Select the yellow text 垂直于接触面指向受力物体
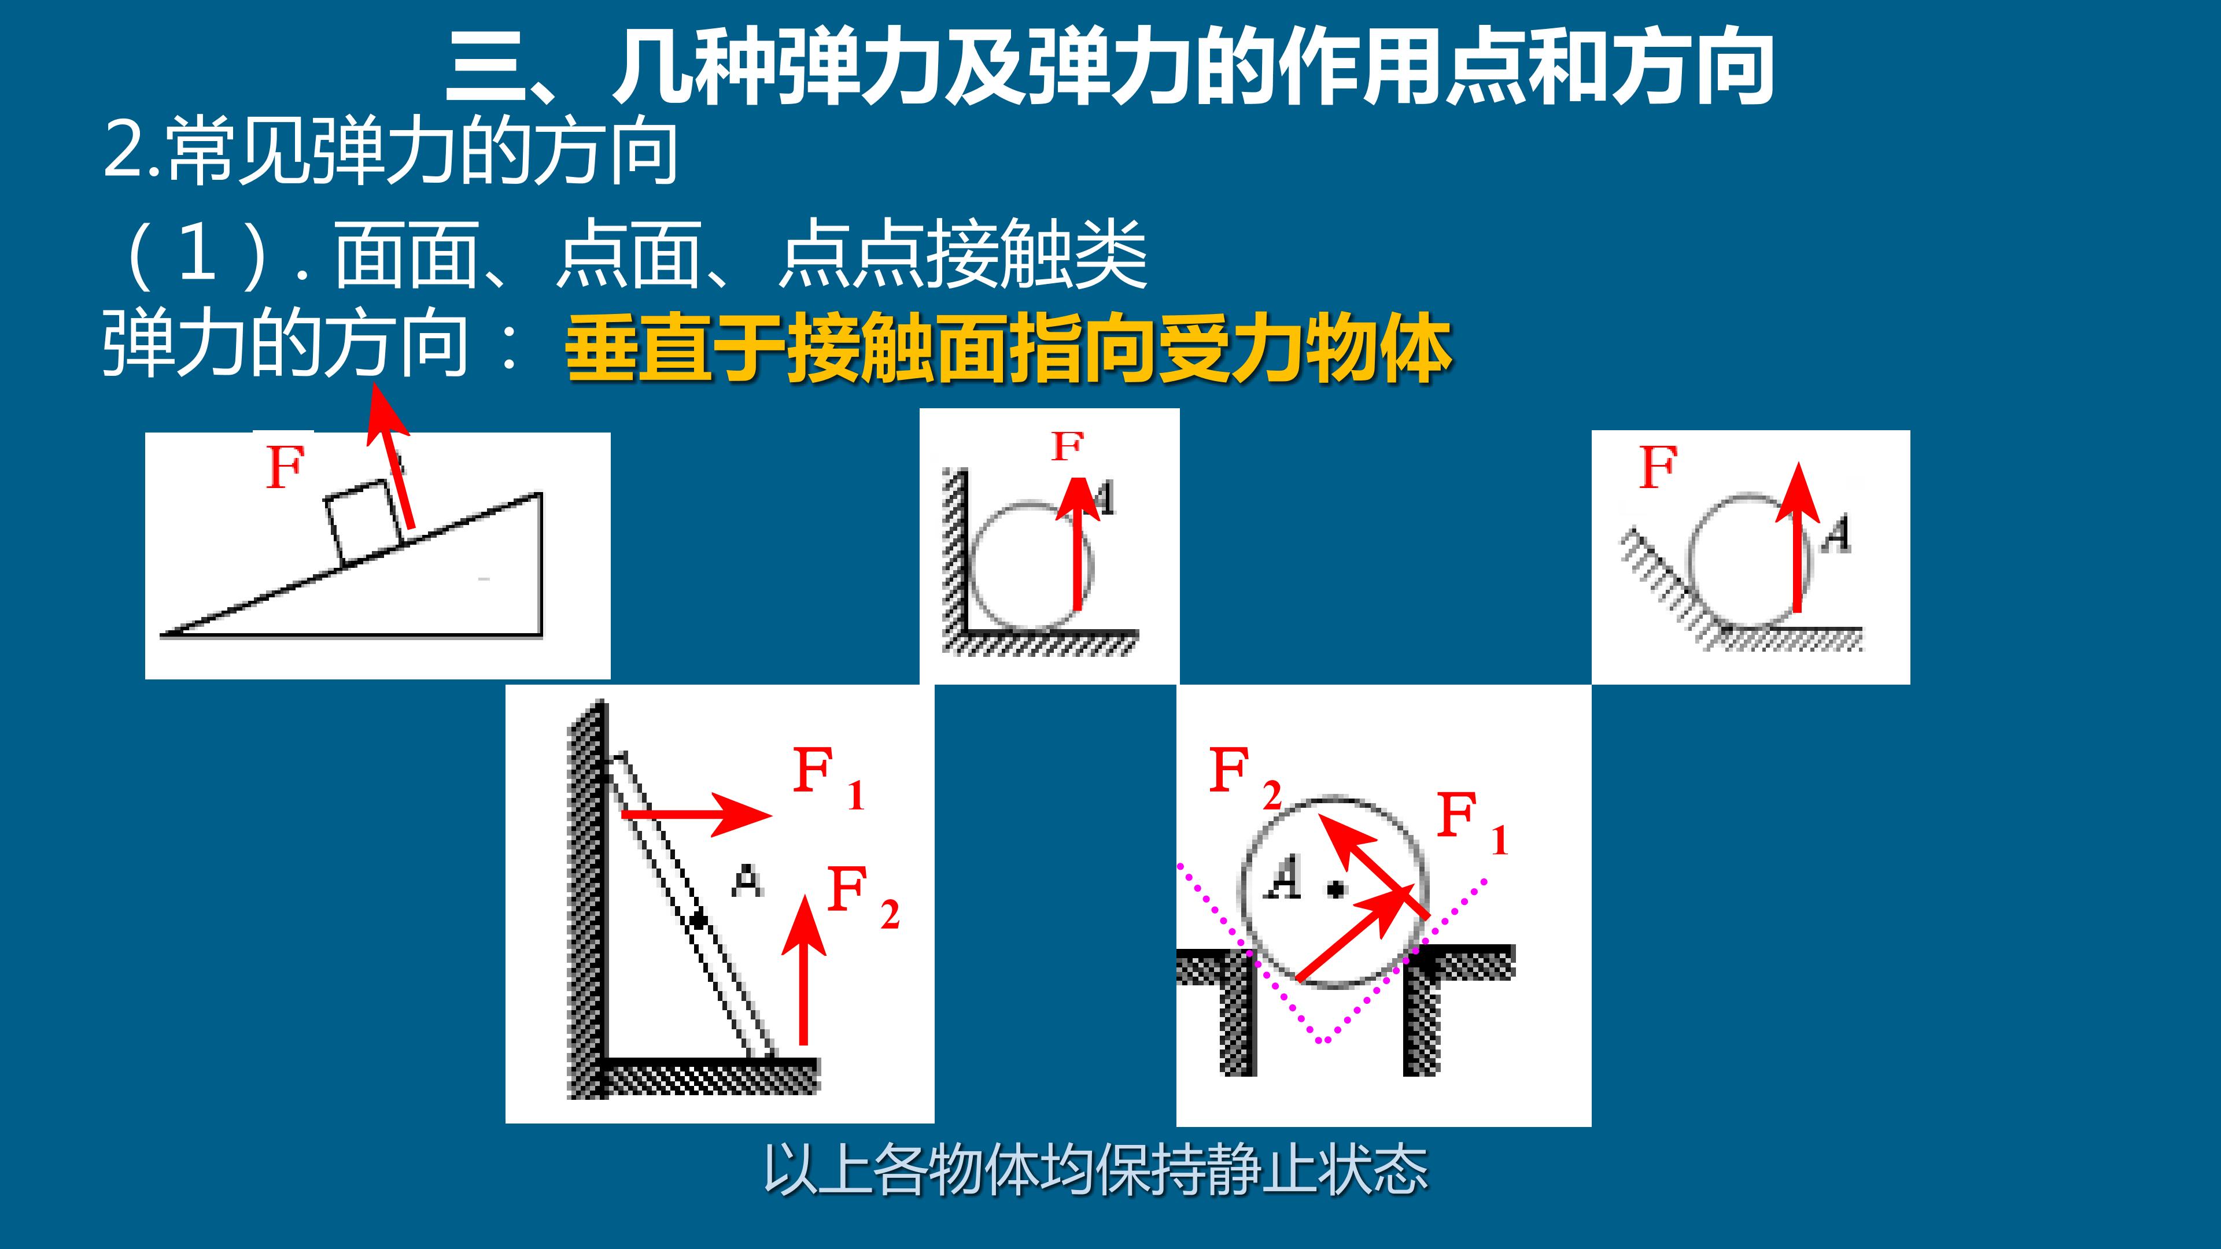(x=1009, y=351)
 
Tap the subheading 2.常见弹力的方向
(x=390, y=153)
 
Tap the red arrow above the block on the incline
(x=390, y=457)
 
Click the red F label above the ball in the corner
(x=1067, y=446)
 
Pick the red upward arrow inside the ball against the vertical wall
(x=1078, y=541)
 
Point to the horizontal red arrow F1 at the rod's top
(x=696, y=814)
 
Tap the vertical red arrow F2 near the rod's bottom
(x=805, y=969)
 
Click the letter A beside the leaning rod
(x=747, y=881)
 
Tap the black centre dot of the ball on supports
(x=1335, y=889)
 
